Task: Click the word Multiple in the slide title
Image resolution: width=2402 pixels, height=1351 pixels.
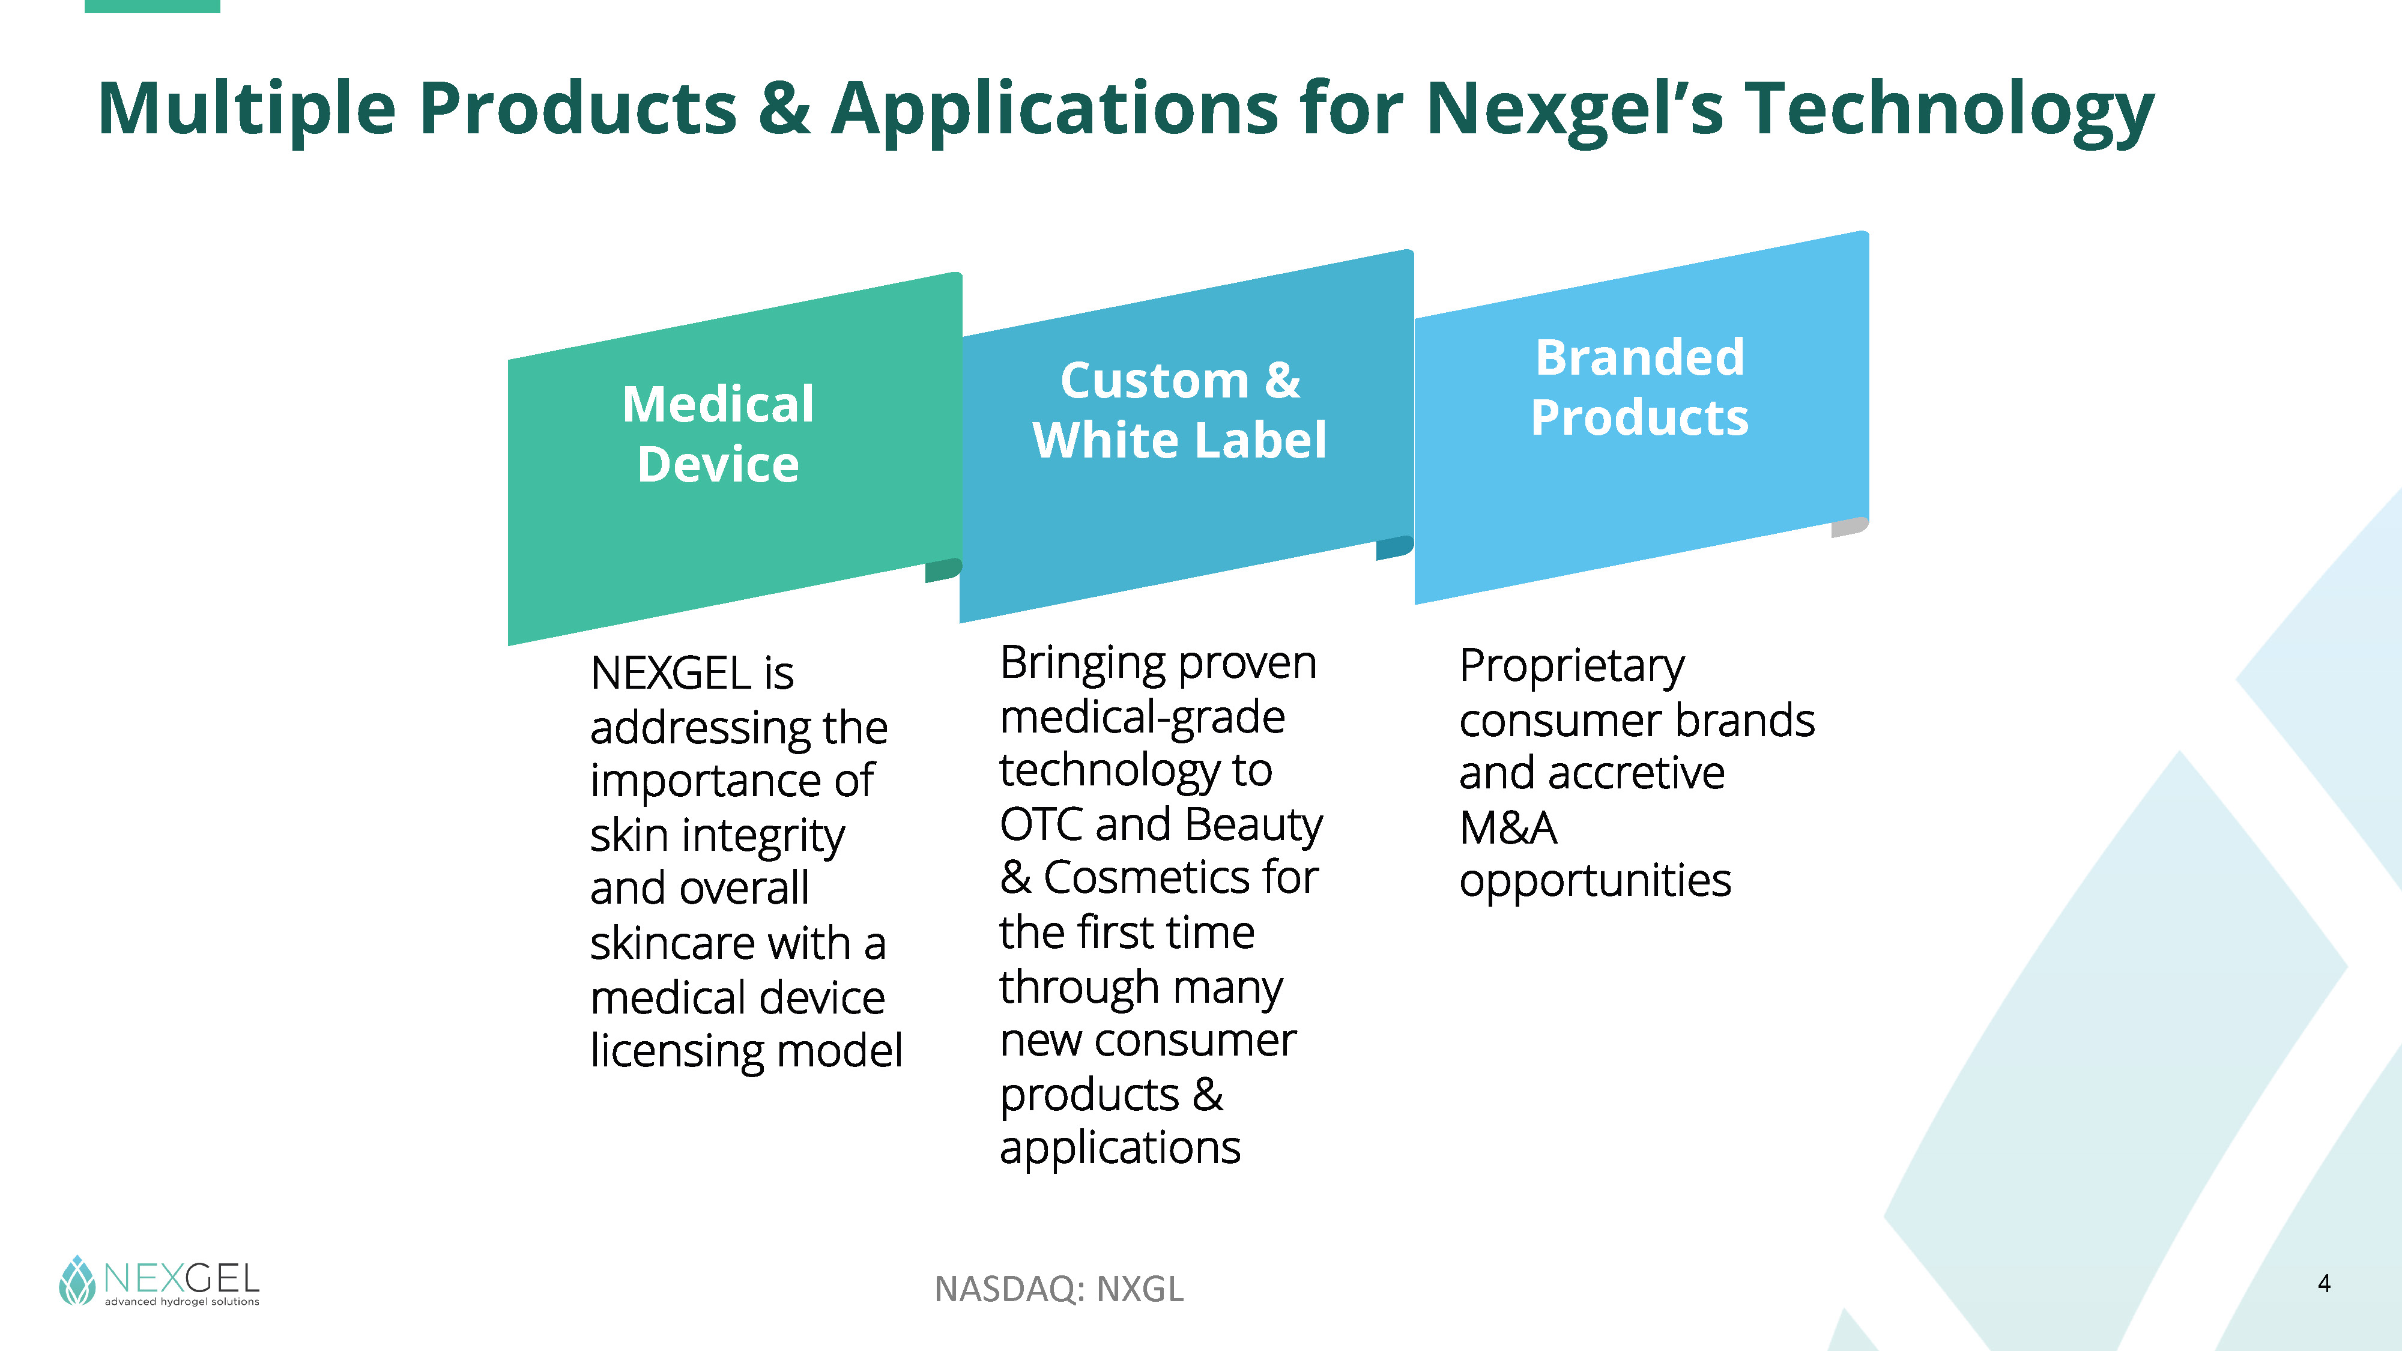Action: (247, 110)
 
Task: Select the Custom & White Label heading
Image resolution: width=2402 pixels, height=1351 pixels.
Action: (1179, 410)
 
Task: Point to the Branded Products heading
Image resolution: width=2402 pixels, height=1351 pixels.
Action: (1640, 387)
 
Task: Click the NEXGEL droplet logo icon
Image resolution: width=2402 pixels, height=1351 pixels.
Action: (77, 1280)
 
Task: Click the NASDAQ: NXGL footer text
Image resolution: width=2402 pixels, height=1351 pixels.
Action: (1059, 1289)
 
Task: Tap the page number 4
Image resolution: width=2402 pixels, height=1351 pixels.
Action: (2325, 1284)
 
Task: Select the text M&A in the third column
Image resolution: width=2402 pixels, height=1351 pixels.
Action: (1508, 827)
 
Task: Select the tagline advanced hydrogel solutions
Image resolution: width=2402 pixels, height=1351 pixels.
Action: (182, 1302)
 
